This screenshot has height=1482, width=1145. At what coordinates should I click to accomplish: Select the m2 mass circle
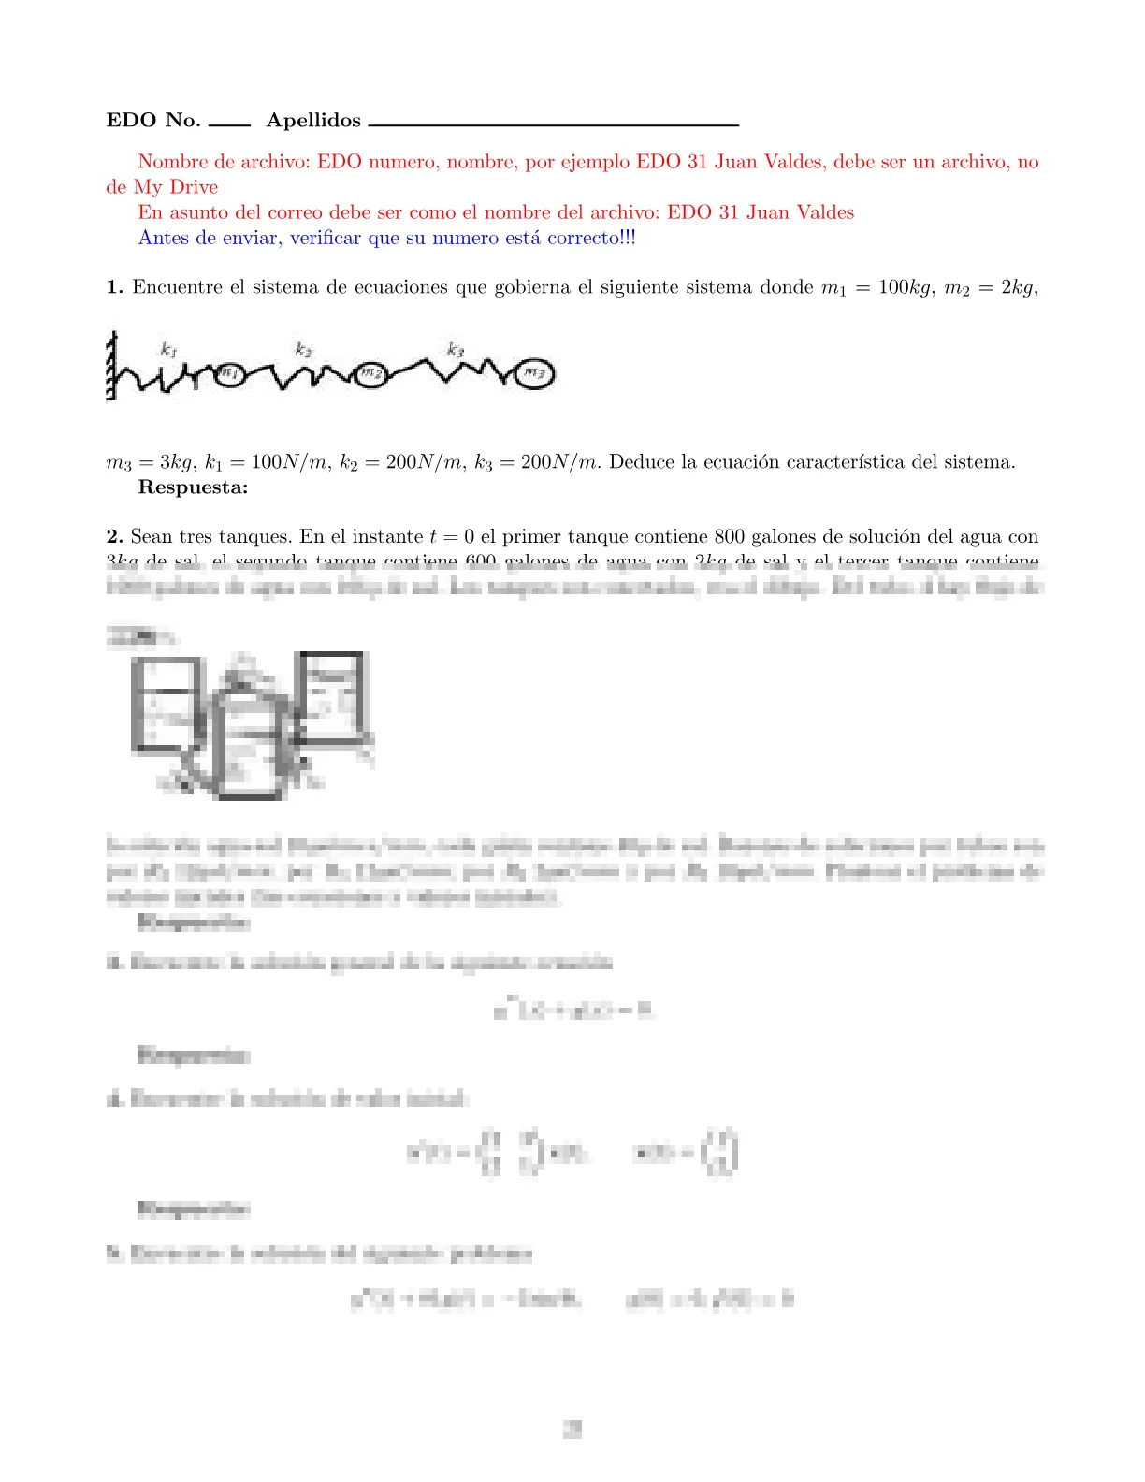point(370,375)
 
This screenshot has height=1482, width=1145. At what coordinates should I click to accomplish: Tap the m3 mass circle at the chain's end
point(534,373)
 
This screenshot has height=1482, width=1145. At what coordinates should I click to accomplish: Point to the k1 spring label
point(168,350)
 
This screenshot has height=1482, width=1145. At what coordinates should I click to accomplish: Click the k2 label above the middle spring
point(303,349)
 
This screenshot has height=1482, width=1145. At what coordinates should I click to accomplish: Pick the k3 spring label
point(455,349)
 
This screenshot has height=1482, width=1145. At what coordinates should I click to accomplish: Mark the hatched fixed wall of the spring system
point(111,365)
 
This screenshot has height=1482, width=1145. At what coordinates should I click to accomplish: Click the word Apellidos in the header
point(313,120)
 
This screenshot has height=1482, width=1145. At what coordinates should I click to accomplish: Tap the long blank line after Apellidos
point(554,123)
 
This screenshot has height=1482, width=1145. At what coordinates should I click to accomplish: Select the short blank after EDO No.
point(229,123)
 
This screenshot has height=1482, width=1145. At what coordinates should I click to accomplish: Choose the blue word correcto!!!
point(591,238)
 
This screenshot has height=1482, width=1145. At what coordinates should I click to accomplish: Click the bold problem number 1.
point(114,287)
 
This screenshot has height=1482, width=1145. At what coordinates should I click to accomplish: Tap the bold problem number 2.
point(114,536)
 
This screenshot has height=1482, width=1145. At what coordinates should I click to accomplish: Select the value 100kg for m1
point(906,287)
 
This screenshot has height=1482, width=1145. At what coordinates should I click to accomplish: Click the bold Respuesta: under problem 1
point(193,487)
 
